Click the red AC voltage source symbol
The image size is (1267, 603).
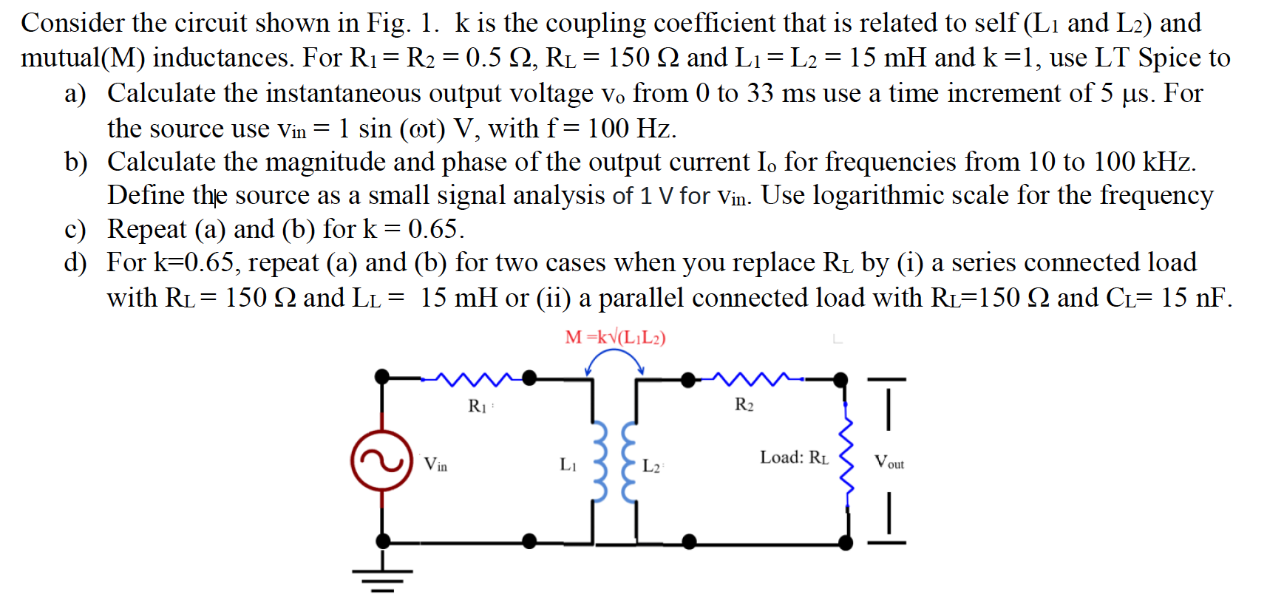[381, 460]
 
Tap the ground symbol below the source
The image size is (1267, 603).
[382, 579]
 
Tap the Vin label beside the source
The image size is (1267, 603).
[435, 464]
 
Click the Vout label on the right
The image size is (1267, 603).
[889, 463]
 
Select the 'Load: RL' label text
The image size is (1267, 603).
[794, 457]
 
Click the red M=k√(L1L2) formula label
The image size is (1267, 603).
[615, 338]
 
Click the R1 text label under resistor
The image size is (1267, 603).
[478, 406]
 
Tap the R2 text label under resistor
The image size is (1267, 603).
[744, 404]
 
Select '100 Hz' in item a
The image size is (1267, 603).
[631, 129]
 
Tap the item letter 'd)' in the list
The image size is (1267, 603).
[75, 262]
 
